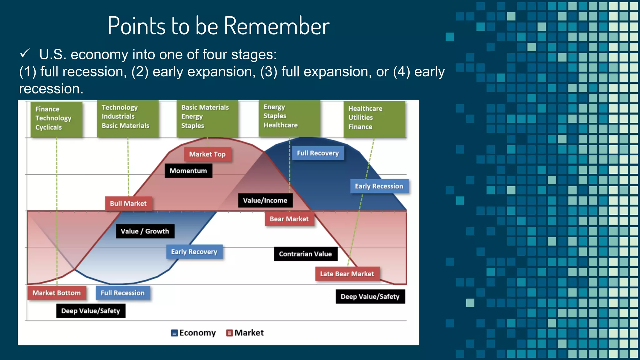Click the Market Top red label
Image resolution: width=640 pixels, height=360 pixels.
[207, 154]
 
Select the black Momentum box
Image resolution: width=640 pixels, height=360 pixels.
[188, 171]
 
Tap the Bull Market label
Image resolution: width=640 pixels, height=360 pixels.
[128, 204]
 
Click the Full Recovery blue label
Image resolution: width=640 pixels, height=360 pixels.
[317, 153]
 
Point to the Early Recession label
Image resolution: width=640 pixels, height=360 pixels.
[379, 186]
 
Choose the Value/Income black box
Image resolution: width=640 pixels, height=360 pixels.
[265, 201]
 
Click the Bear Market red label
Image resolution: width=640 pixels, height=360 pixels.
[289, 219]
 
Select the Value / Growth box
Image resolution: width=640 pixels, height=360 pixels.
[145, 231]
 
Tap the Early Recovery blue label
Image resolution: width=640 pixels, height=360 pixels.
[194, 252]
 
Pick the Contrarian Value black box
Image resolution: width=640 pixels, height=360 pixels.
[305, 254]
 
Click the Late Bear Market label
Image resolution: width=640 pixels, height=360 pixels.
[347, 274]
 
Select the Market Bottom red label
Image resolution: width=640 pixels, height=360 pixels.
[57, 293]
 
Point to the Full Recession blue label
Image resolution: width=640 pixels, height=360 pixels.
[122, 293]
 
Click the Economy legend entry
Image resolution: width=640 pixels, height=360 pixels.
[194, 333]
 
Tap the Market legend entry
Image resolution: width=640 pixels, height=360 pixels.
[245, 333]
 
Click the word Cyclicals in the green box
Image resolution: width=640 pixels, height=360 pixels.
[48, 127]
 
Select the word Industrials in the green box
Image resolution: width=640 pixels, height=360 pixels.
[118, 117]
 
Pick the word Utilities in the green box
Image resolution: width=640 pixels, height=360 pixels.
[361, 118]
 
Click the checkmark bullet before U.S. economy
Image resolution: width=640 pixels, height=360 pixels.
[25, 53]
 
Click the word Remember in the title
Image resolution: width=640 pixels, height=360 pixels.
[277, 26]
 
